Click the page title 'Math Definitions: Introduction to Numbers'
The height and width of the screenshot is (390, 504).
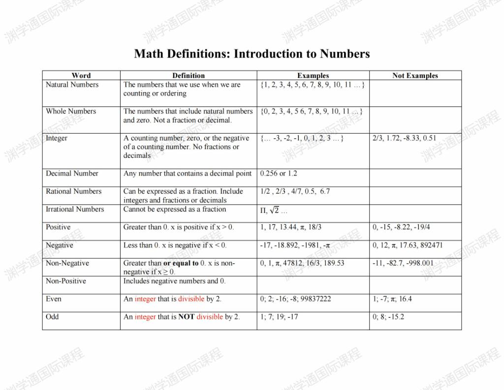point(252,54)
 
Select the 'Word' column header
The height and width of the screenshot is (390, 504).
point(81,75)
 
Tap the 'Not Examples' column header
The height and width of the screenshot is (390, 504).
point(415,75)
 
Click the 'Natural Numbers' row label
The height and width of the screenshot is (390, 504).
point(72,85)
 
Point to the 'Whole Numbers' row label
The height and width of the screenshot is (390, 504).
point(71,111)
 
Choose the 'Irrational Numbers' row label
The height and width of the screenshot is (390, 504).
point(75,210)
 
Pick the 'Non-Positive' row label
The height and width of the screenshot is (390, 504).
point(66,281)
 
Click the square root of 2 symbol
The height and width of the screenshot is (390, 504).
point(274,211)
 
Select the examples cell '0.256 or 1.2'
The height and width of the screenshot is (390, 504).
point(279,174)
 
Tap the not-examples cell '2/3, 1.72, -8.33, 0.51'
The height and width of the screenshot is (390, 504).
point(405,138)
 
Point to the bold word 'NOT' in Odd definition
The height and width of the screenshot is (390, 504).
point(186,317)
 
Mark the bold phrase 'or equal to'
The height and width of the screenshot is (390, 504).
point(181,263)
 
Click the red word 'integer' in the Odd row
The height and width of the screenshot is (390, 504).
point(145,317)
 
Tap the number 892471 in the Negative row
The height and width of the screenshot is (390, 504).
point(428,246)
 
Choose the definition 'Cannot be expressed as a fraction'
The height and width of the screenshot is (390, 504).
point(175,210)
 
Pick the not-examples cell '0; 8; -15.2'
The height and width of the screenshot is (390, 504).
point(388,317)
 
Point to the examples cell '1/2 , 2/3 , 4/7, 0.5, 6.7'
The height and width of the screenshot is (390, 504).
point(295,191)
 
